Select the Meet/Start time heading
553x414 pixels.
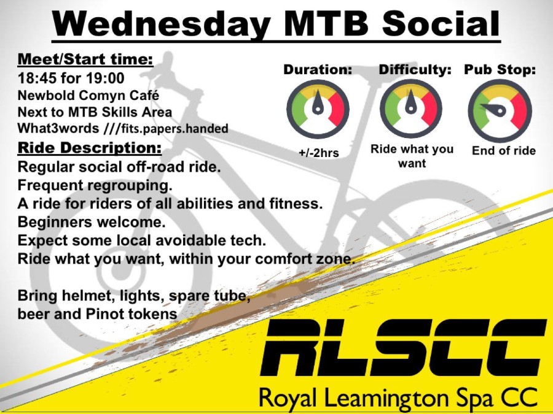85,59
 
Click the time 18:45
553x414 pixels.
37,78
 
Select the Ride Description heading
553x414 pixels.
90,147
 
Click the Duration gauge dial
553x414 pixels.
318,109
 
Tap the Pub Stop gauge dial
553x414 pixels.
500,110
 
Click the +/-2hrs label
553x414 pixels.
318,153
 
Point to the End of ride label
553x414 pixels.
504,151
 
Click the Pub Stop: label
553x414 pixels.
500,69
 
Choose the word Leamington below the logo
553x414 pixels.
388,398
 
